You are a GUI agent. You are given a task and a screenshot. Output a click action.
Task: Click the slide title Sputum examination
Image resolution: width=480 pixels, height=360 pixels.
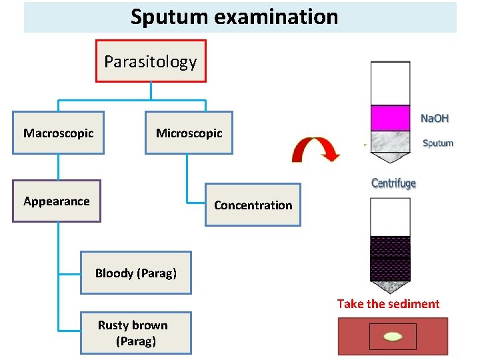(234, 17)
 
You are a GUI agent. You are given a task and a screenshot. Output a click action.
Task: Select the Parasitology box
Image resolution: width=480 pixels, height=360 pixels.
(151, 61)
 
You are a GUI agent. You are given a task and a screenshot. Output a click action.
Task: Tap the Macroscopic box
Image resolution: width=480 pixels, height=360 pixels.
(58, 133)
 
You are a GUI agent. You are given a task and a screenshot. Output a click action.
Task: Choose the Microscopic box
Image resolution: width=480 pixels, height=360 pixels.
(189, 133)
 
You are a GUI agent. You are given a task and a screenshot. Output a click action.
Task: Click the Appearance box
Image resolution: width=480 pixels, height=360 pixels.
(56, 201)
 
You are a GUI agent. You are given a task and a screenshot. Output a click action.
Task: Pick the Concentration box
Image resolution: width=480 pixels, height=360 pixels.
(253, 205)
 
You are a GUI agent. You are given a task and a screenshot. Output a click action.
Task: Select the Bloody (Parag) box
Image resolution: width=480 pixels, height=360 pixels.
(135, 273)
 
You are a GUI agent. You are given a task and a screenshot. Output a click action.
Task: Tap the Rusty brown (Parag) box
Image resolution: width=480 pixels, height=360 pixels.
(135, 333)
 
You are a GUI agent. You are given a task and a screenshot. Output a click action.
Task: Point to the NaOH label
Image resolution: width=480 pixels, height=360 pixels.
(435, 118)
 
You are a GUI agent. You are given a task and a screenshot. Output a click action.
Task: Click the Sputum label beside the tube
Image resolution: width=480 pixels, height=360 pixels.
(437, 143)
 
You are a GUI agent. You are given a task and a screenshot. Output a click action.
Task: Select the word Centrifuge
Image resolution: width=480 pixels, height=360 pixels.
(393, 183)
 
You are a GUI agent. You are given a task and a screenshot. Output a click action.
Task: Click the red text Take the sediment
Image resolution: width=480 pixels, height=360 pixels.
(388, 304)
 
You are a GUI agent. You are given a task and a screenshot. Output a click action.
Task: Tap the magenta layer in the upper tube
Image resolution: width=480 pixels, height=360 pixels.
(390, 117)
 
